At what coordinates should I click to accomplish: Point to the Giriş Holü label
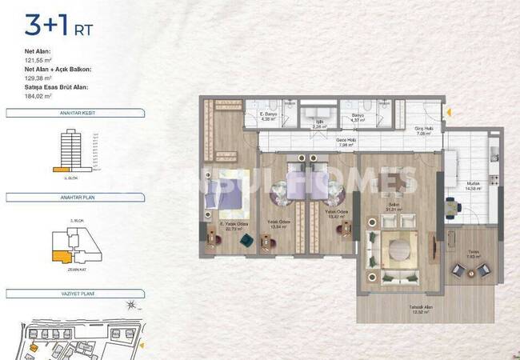423,130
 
